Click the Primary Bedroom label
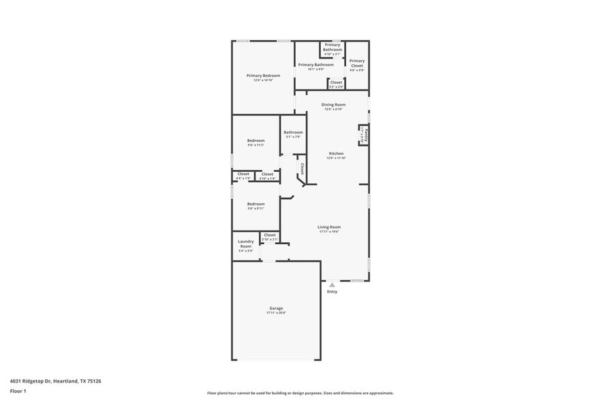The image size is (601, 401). click(x=263, y=76)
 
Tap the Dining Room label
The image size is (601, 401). click(x=334, y=105)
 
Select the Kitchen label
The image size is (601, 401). click(x=336, y=154)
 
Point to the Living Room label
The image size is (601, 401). click(x=329, y=227)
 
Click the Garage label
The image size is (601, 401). click(x=276, y=308)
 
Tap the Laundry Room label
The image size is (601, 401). click(x=245, y=244)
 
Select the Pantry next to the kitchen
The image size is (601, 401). click(x=365, y=134)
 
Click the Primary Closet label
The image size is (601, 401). click(x=357, y=63)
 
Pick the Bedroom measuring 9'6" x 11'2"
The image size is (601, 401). click(x=256, y=141)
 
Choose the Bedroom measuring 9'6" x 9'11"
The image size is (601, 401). click(x=256, y=204)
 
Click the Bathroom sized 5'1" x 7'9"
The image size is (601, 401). click(x=293, y=132)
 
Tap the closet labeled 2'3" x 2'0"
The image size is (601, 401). click(x=336, y=83)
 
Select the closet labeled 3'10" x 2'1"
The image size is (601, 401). click(x=270, y=235)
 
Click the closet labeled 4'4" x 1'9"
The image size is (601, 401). click(x=243, y=175)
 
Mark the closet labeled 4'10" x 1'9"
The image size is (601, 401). click(x=267, y=175)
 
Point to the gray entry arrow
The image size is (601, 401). click(x=332, y=284)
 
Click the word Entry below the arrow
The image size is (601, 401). click(x=332, y=292)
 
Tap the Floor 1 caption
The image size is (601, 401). click(x=18, y=391)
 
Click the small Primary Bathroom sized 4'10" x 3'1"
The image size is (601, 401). click(x=333, y=48)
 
